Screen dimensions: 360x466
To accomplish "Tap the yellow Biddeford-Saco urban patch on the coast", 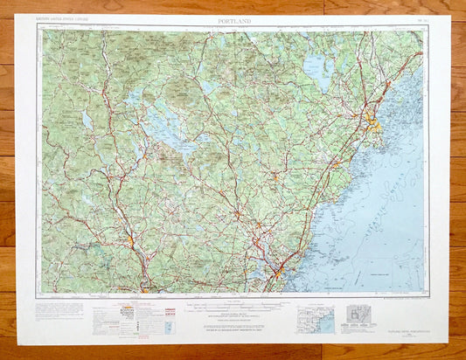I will click(x=336, y=163).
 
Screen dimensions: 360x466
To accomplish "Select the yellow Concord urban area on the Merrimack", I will click(x=130, y=239).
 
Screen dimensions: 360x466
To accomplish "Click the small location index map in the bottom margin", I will click(x=315, y=319).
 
